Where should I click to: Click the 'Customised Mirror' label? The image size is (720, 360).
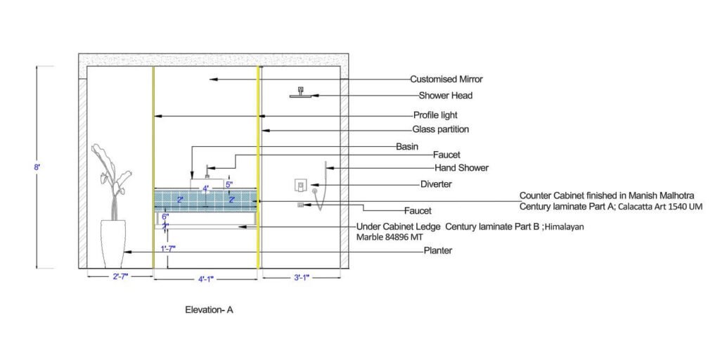coord(446,79)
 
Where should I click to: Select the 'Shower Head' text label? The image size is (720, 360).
coord(446,96)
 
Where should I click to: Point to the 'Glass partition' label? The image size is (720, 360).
coord(440,129)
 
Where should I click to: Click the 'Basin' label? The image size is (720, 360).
coord(407,147)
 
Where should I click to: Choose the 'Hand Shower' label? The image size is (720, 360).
coord(461,168)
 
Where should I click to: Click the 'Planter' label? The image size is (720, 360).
coord(437,250)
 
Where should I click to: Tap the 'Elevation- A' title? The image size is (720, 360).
coord(209,309)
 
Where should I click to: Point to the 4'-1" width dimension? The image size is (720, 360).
coord(206,279)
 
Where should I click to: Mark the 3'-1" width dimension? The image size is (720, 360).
coord(302,277)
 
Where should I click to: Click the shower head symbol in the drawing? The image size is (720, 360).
coord(301,94)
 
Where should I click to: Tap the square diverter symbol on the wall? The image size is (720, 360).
coord(300,186)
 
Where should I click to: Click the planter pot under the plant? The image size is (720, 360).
coord(112,243)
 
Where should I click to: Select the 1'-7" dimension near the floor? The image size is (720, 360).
coord(167,248)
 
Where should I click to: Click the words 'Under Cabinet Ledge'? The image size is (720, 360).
coord(399,226)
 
